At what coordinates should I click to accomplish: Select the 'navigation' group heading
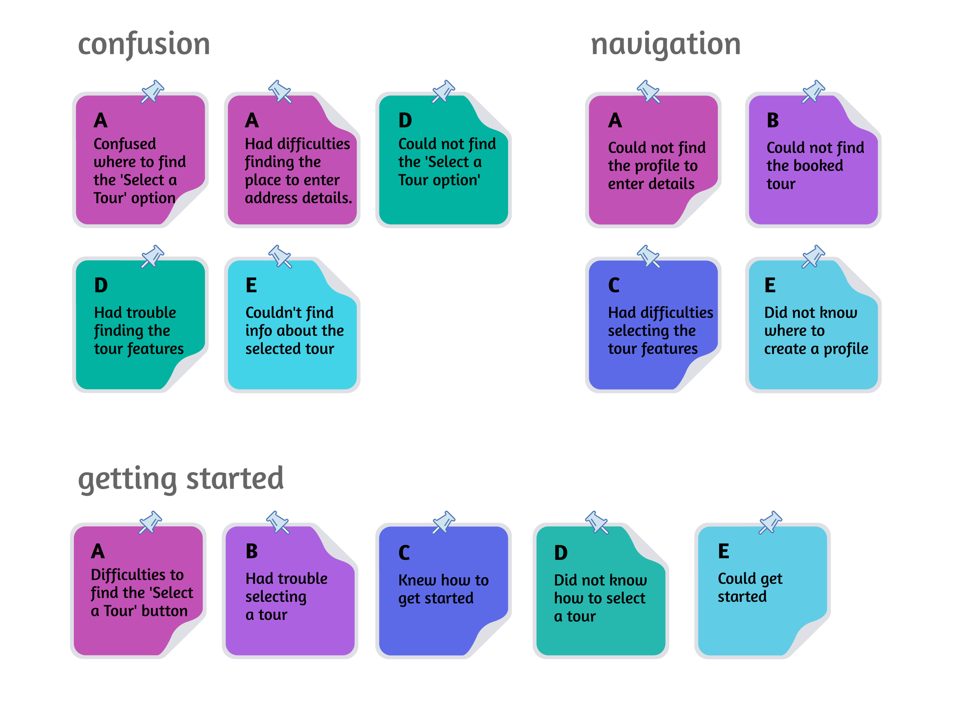click(665, 44)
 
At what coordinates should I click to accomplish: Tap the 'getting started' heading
click(180, 479)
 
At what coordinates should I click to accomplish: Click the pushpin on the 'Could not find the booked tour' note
click(813, 91)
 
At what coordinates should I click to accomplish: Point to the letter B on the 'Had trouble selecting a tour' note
click(252, 551)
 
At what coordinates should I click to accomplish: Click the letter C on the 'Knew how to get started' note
click(404, 553)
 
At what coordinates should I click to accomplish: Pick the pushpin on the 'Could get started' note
click(770, 522)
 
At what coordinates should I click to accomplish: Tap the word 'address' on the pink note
click(270, 198)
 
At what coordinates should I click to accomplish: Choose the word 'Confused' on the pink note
click(125, 144)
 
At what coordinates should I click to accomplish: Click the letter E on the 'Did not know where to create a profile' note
click(770, 285)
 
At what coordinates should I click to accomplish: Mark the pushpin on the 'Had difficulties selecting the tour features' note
click(648, 256)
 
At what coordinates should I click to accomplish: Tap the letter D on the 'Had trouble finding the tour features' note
click(101, 285)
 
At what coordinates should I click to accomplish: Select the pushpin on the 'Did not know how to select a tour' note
click(597, 522)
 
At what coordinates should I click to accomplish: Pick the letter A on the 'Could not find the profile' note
click(615, 121)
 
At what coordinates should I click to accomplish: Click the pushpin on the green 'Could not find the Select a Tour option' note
click(443, 91)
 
